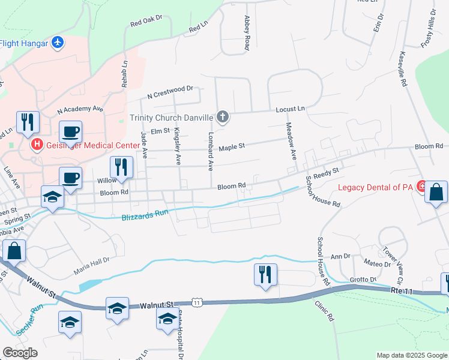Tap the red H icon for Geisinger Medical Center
37,145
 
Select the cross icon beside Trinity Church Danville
223,117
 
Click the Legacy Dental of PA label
376,187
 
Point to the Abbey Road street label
246,34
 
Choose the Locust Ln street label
291,109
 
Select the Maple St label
232,146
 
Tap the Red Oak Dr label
146,23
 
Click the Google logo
20,353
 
